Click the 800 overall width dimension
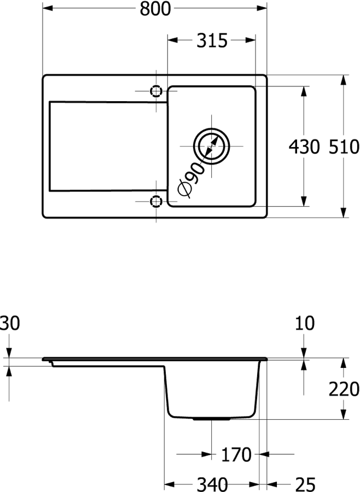point(155,8)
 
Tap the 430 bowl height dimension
point(304,147)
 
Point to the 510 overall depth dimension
point(344,147)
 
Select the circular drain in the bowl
point(211,146)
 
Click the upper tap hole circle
point(156,91)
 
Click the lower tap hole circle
point(156,201)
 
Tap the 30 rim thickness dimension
point(9,323)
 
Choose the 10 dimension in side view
point(304,323)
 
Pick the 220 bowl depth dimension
point(344,389)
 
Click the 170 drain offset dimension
point(236,455)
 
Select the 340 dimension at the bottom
point(212,484)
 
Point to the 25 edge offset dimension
point(305,484)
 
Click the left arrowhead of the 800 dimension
point(48,8)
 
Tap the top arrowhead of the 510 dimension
point(344,80)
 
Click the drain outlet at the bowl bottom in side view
point(211,419)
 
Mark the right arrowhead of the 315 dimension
point(251,40)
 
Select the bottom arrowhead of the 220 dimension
point(344,414)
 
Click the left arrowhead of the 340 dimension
point(170,484)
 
